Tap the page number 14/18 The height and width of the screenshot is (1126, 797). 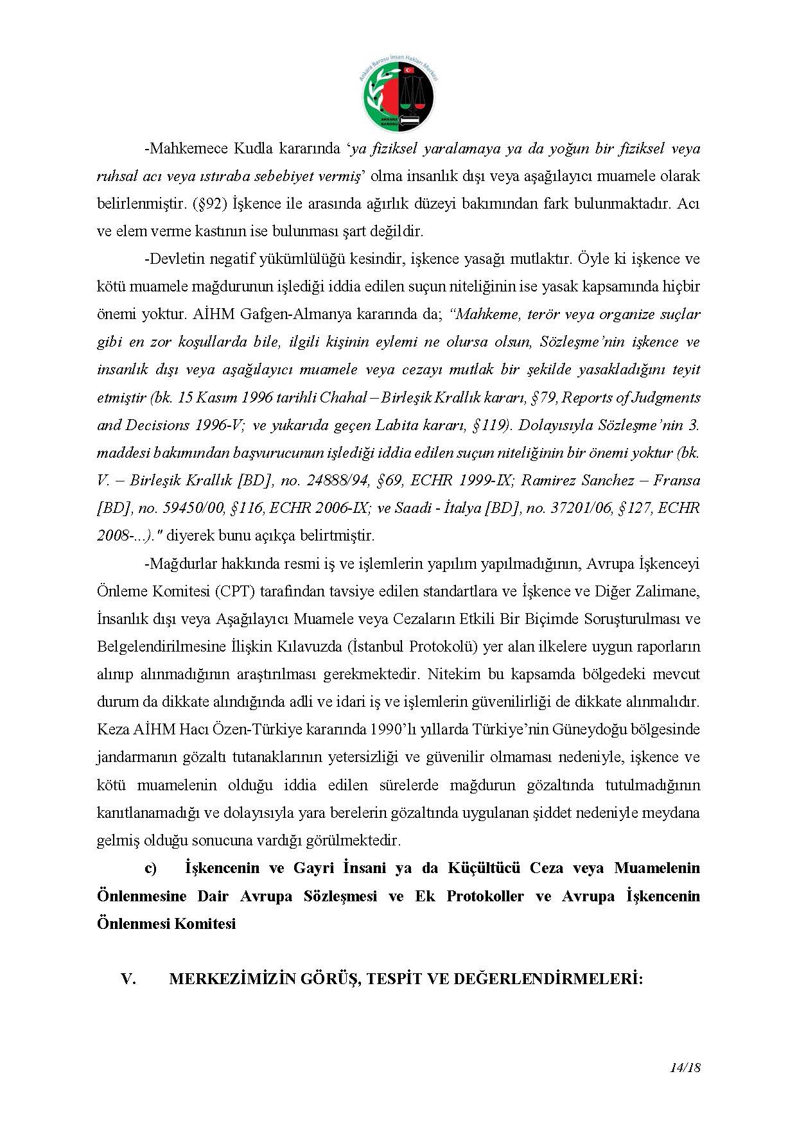point(684,1068)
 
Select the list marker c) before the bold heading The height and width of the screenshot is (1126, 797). point(151,869)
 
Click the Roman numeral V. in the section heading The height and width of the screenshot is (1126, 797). point(128,980)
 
